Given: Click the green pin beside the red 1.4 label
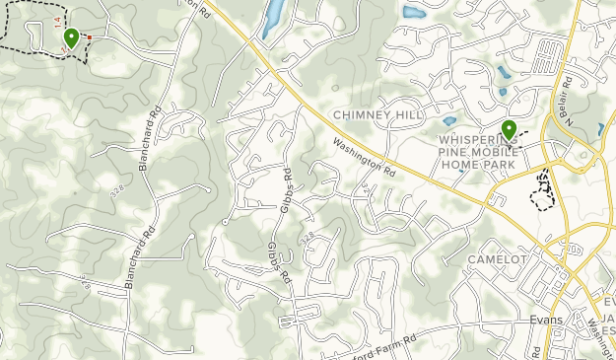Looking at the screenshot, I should click(x=71, y=38).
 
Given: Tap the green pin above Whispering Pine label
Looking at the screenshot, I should click(x=509, y=130).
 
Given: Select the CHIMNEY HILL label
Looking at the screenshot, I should click(x=376, y=115).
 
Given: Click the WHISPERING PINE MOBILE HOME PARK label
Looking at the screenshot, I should click(x=491, y=153).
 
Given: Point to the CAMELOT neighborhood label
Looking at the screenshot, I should click(x=498, y=259).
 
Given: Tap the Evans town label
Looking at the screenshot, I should click(x=543, y=320).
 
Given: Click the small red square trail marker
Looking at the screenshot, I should click(x=90, y=37).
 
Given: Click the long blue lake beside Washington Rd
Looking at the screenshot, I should click(x=273, y=18).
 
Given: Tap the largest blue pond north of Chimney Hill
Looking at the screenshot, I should click(x=415, y=13).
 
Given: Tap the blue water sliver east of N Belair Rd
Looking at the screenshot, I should click(x=601, y=129).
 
